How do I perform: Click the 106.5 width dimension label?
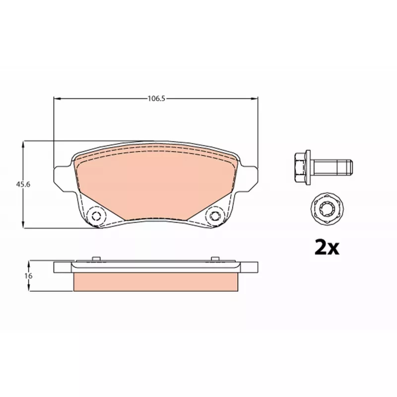coord(156,98)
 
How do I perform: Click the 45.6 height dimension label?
coord(23,184)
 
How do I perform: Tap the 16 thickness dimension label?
coord(28,276)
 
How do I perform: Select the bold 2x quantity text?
coord(327,247)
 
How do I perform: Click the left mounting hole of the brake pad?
coord(96,216)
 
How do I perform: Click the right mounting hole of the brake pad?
coord(215,216)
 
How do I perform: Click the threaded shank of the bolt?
coord(332,167)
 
